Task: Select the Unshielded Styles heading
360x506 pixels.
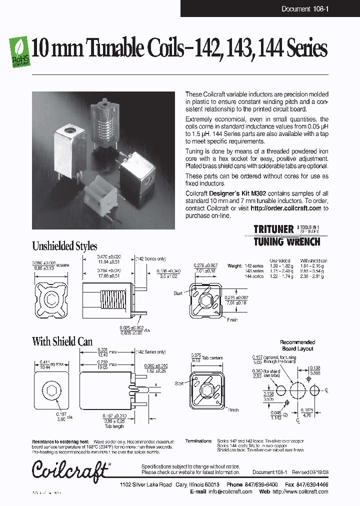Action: [x=64, y=246]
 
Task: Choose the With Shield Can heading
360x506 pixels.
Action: [x=62, y=341]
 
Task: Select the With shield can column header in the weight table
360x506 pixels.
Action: [x=313, y=260]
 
